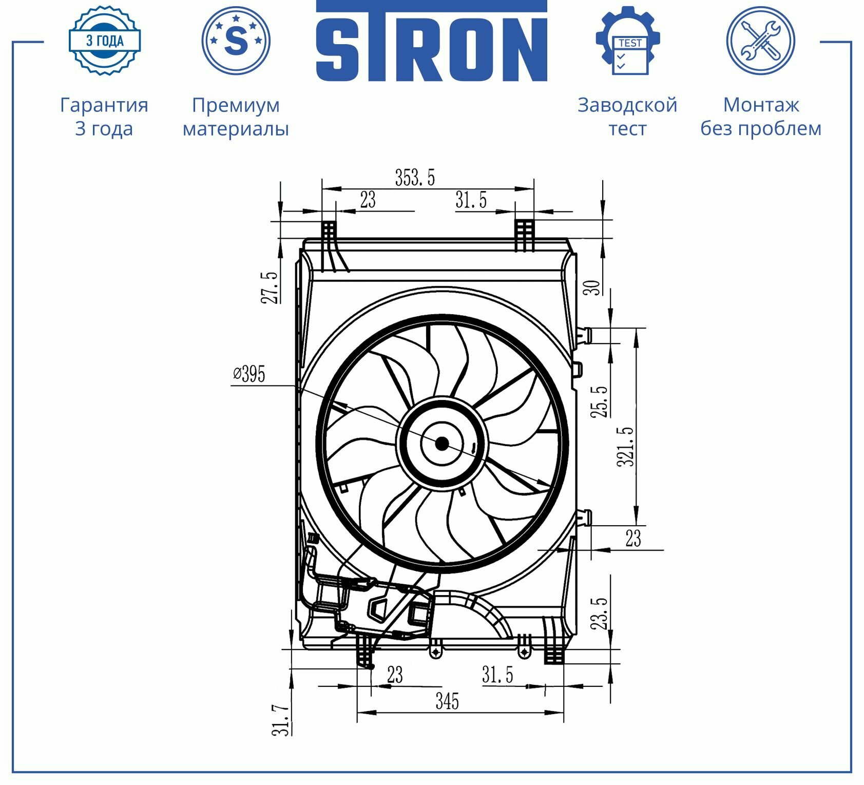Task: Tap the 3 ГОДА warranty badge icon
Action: pos(105,40)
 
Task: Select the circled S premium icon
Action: pos(236,40)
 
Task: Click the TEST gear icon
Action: pos(628,40)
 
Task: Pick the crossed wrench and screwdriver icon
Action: pos(761,40)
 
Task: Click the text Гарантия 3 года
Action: pos(104,117)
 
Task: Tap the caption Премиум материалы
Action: pos(236,117)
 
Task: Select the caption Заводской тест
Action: pos(627,117)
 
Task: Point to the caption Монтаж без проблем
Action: pos(761,117)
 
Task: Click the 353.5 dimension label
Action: pos(415,177)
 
